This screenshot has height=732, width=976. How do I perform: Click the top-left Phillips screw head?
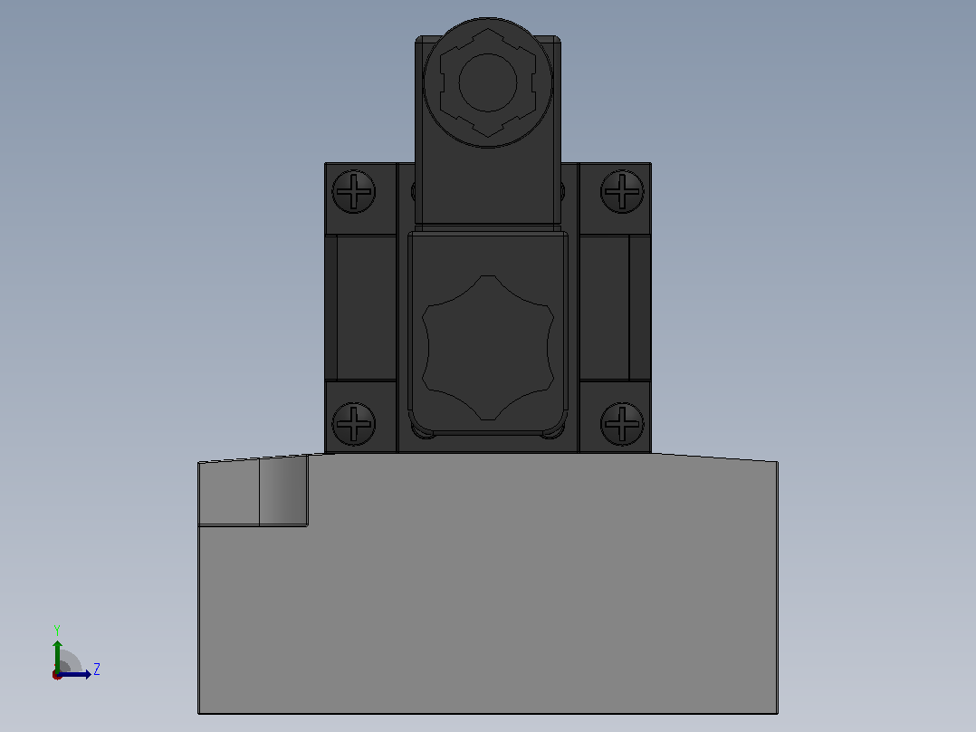point(353,191)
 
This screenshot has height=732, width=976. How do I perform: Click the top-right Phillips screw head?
point(622,191)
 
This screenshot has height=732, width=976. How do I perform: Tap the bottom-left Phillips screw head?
point(353,424)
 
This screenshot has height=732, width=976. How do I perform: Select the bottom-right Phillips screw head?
point(622,424)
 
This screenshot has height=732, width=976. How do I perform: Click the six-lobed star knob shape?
point(488,348)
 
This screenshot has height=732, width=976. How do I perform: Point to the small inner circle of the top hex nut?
point(488,82)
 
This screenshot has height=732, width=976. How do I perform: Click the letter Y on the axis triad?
point(57,630)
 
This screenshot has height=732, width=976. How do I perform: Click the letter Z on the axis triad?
point(97,669)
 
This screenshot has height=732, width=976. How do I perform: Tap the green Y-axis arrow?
point(57,655)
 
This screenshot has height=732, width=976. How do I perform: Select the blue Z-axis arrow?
point(74,674)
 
